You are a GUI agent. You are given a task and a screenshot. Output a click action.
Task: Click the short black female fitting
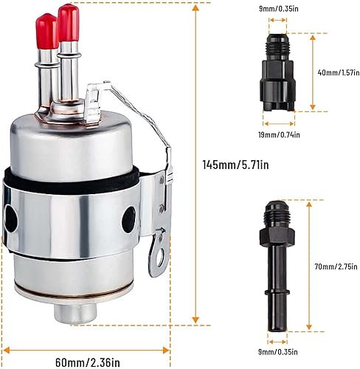pyautogui.click(x=279, y=74)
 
